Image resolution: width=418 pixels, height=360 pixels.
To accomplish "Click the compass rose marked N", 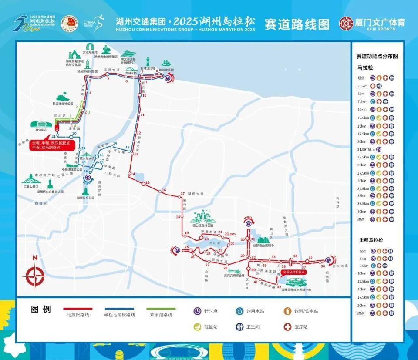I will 36,274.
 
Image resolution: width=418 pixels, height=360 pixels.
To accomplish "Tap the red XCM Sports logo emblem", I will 347,23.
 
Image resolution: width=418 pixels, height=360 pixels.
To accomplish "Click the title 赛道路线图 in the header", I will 297,24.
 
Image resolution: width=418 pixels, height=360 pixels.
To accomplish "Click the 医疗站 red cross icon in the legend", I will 287,326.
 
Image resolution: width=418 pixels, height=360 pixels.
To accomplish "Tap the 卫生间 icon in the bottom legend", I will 239,326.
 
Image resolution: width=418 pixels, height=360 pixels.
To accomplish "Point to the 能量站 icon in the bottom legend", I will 197,326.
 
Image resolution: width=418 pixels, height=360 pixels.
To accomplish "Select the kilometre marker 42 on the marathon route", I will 279,286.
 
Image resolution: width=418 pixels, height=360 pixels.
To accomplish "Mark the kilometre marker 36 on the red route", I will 323,266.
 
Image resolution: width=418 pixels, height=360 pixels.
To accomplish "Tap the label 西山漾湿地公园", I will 203,225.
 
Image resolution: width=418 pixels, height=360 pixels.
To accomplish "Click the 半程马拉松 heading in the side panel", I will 371,240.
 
